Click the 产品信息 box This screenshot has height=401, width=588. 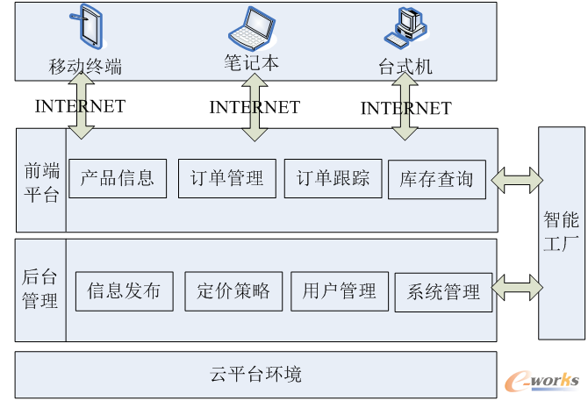point(117,178)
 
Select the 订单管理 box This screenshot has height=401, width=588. point(226,178)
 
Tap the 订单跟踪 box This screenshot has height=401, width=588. point(333,178)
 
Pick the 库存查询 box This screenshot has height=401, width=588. point(436,179)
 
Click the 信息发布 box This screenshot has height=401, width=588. point(124,290)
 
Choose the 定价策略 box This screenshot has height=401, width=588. point(233,290)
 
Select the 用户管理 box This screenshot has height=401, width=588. point(339,290)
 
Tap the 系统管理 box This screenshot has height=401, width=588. point(443,291)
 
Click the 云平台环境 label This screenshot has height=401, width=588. point(255,375)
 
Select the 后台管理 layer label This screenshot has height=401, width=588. point(40,290)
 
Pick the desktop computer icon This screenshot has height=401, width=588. point(405,27)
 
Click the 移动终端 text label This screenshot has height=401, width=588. point(85,66)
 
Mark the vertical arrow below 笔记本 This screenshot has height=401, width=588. point(255,108)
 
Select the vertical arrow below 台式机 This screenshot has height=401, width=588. point(405,106)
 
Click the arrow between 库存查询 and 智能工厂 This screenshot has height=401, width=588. point(518,181)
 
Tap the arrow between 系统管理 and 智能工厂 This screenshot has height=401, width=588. point(518,286)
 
